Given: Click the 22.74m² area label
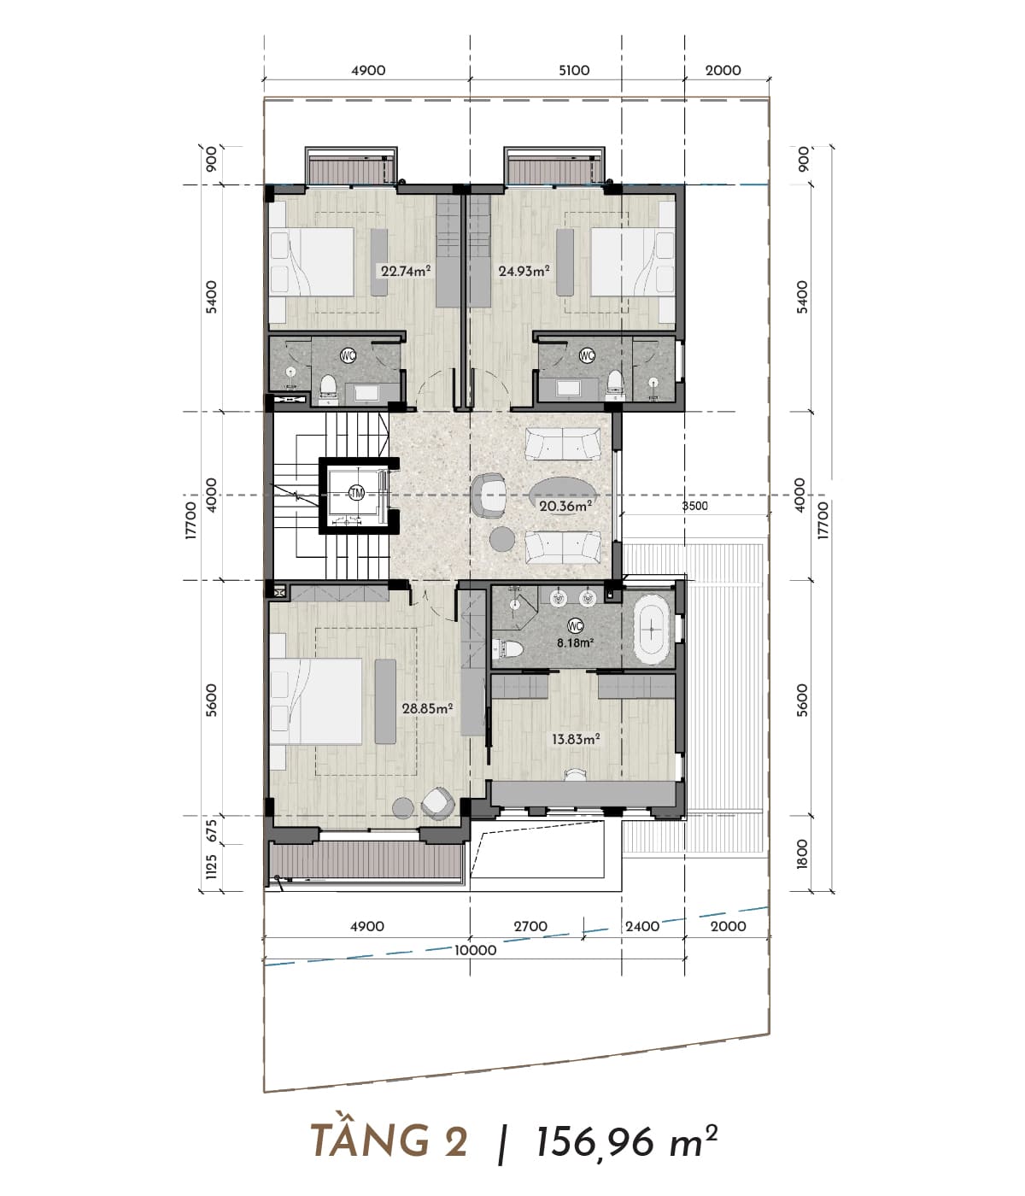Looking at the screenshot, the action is point(406,271).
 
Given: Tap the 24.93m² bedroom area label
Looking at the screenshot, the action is point(524,270).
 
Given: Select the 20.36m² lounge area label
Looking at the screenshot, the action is point(565,507).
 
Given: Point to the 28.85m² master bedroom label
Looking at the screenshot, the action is point(427,707).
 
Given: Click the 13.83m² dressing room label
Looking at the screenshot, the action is point(575,739).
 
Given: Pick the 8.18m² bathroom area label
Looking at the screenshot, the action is point(575,642).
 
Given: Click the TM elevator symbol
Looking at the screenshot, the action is point(356,493).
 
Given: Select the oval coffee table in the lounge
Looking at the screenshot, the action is point(561,495).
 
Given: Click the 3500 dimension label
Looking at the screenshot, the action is point(694,506).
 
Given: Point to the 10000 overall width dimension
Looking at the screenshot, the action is point(476,950).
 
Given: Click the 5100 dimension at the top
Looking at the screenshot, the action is point(574,71).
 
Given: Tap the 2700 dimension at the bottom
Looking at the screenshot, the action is point(530,926).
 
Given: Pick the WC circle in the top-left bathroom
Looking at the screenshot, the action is point(348,355).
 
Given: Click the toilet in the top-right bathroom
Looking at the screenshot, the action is point(614,384).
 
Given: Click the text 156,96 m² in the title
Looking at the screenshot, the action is point(626,1141).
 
